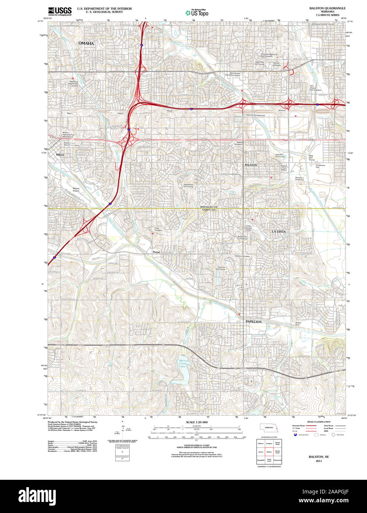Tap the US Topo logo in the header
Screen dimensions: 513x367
pyautogui.click(x=197, y=12)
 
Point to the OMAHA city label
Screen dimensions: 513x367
pyautogui.click(x=86, y=44)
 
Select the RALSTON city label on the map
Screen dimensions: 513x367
pyautogui.click(x=251, y=165)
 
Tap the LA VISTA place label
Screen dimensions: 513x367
pyautogui.click(x=279, y=231)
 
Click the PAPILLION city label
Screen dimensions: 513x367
pyautogui.click(x=254, y=322)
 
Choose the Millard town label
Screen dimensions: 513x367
pyautogui.click(x=60, y=155)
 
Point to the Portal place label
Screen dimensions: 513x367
pyautogui.click(x=156, y=252)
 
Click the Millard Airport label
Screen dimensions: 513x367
pyautogui.click(x=76, y=190)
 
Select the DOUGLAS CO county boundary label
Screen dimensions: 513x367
pyautogui.click(x=208, y=207)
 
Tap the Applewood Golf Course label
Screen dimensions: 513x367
pyautogui.click(x=188, y=185)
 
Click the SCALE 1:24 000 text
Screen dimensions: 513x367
pyautogui.click(x=196, y=422)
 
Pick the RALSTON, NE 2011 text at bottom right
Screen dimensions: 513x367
pyautogui.click(x=319, y=459)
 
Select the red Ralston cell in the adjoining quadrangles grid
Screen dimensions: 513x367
pyautogui.click(x=269, y=451)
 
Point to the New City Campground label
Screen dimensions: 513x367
pyautogui.click(x=255, y=115)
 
